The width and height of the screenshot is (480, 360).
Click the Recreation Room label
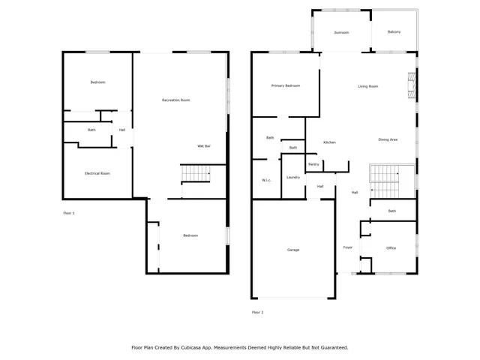point(175,100)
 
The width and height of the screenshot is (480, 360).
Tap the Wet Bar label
point(203,145)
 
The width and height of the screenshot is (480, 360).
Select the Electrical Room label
point(97,173)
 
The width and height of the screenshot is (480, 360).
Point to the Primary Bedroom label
point(286,86)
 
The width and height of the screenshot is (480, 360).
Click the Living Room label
point(367,86)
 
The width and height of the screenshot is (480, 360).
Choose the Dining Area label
point(388,140)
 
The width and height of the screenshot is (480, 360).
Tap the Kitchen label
point(329,142)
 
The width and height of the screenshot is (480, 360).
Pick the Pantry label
point(313,164)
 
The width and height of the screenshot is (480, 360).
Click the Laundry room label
point(293,177)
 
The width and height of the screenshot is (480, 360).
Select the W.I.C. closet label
point(266,180)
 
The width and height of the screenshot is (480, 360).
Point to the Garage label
point(292,250)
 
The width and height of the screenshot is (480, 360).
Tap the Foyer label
point(348,247)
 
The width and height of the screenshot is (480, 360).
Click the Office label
point(391,247)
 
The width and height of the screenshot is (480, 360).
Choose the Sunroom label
point(341,32)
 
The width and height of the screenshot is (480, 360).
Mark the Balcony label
point(394,31)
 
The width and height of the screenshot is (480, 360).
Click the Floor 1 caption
point(69,213)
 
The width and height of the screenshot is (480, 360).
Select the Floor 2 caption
point(257,312)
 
